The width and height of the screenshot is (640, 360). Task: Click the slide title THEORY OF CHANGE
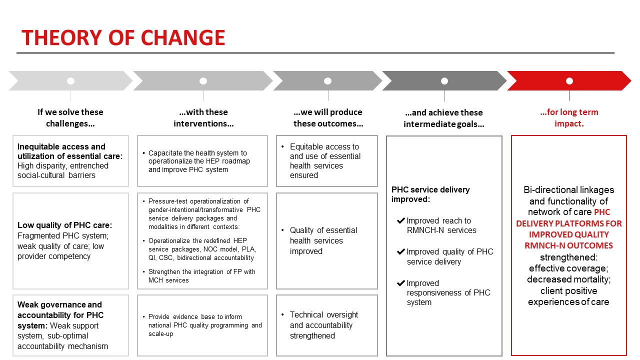pyautogui.click(x=123, y=38)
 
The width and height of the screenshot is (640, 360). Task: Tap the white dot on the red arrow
pyautogui.click(x=569, y=81)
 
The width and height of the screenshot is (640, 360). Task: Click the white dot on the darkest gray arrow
pyautogui.click(x=444, y=81)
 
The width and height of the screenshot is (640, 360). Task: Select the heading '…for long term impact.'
pyautogui.click(x=569, y=117)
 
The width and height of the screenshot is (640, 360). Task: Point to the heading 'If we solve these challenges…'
pyautogui.click(x=70, y=117)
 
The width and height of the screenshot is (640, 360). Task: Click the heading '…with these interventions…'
pyautogui.click(x=203, y=117)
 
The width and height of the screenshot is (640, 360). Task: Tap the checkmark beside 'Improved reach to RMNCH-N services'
pyautogui.click(x=400, y=220)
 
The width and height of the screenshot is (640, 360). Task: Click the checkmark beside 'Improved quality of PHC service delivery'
pyautogui.click(x=400, y=252)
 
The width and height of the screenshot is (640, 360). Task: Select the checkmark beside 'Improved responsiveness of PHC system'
pyautogui.click(x=400, y=283)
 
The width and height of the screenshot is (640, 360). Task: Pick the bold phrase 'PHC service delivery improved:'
pyautogui.click(x=430, y=194)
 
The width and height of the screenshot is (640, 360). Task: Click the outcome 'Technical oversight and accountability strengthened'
pyautogui.click(x=324, y=325)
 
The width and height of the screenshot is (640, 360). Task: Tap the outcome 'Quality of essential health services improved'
pyautogui.click(x=323, y=240)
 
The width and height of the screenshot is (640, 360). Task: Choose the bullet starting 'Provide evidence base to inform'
pyautogui.click(x=204, y=325)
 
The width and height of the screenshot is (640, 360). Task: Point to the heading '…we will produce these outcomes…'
pyautogui.click(x=328, y=117)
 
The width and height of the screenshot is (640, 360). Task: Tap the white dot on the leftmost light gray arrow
pyautogui.click(x=70, y=81)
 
